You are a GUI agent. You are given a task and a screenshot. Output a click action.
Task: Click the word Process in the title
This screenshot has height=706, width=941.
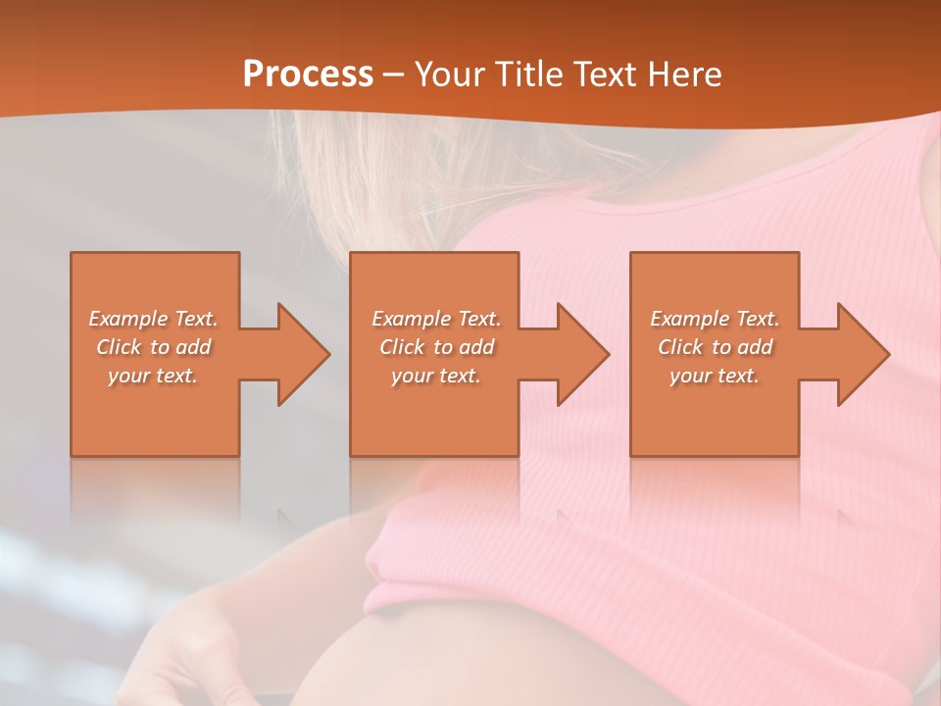point(308,75)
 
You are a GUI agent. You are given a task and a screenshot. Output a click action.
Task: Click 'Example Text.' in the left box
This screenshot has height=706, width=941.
point(154,319)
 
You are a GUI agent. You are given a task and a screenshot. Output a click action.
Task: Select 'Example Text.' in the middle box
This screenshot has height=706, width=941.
point(436,319)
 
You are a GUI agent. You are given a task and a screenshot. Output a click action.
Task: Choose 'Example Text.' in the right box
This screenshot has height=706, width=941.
point(715,319)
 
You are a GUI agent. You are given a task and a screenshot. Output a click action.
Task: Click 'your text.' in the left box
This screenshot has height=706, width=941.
point(154,376)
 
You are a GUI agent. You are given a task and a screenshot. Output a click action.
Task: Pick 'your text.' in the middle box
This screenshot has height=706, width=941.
point(436,376)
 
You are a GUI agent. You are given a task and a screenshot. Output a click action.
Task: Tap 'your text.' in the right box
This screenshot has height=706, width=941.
point(715,376)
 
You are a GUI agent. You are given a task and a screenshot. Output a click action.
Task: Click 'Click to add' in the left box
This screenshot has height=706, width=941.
point(154,347)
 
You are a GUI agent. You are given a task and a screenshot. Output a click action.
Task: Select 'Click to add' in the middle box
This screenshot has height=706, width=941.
point(436,347)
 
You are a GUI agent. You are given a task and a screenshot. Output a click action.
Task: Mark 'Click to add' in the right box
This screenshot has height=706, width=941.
point(715,347)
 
